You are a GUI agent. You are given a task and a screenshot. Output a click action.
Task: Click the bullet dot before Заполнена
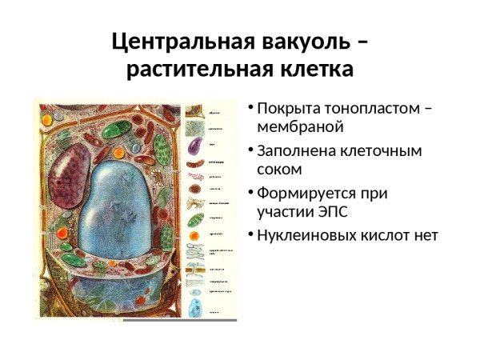250,150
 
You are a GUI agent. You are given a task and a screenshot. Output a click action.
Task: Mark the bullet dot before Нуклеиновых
250,235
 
